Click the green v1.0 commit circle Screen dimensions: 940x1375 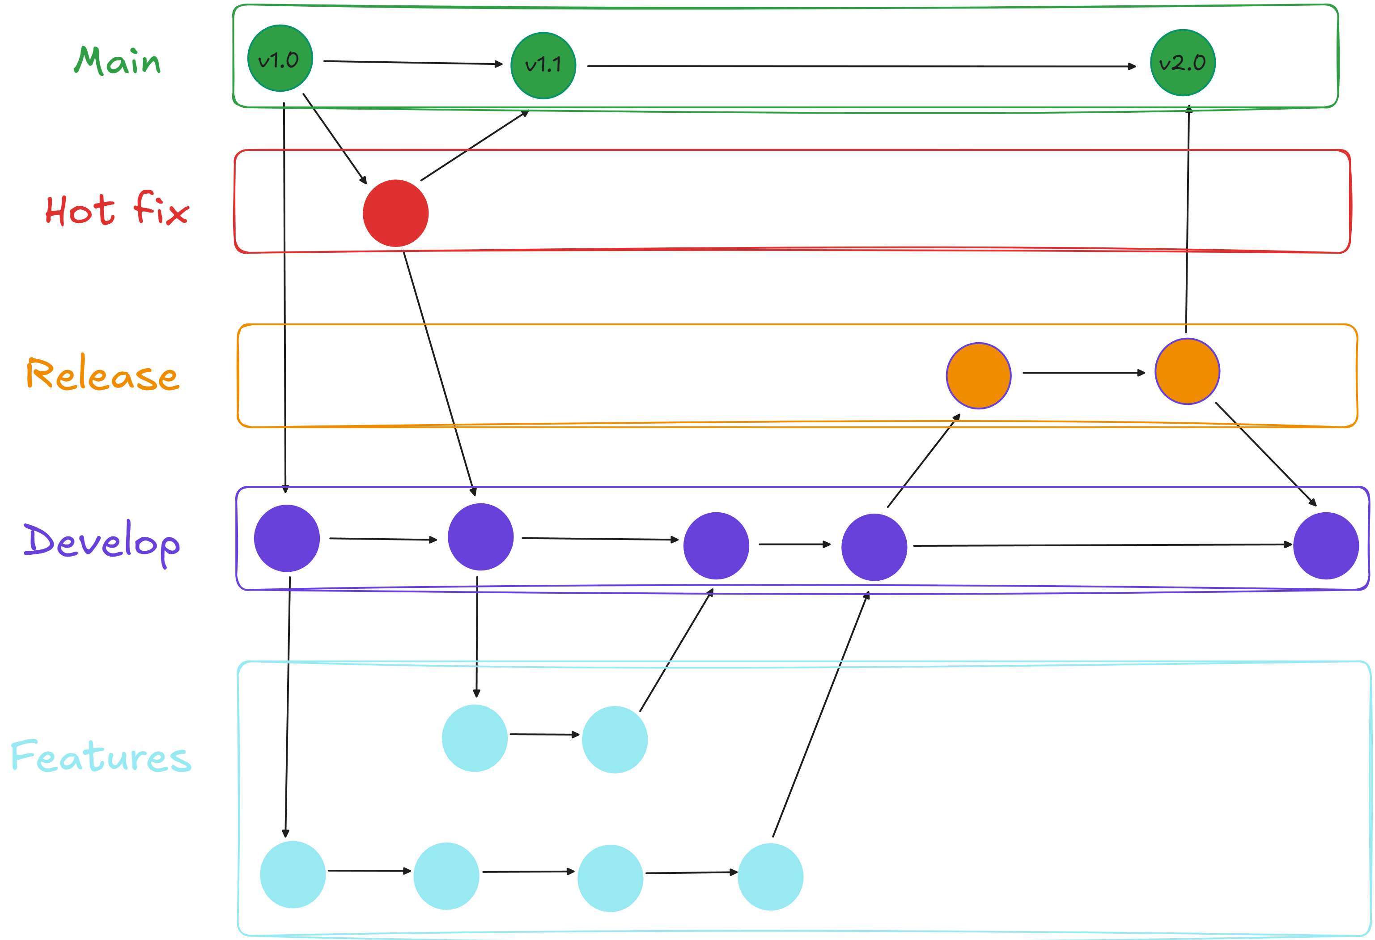pyautogui.click(x=280, y=58)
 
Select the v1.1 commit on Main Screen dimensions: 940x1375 pyautogui.click(x=543, y=65)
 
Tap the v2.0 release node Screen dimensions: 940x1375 pyautogui.click(x=1182, y=63)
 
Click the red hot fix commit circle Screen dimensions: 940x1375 pyautogui.click(x=395, y=213)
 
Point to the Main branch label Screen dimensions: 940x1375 pyautogui.click(x=117, y=60)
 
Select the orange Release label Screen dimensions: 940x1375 pyautogui.click(x=102, y=374)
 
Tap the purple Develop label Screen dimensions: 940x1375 pyautogui.click(x=102, y=542)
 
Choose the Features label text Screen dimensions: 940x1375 pyautogui.click(x=101, y=756)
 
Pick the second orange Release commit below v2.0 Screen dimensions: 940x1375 pyautogui.click(x=1187, y=371)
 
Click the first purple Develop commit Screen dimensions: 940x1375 pyautogui.click(x=287, y=538)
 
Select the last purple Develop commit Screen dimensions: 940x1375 pyautogui.click(x=1325, y=545)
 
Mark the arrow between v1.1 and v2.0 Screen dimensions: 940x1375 pyautogui.click(x=861, y=66)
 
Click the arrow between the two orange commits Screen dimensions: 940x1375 pyautogui.click(x=1083, y=373)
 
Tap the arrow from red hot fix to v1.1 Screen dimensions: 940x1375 pyautogui.click(x=474, y=146)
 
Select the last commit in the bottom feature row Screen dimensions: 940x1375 pyautogui.click(x=770, y=876)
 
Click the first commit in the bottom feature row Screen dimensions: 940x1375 pyautogui.click(x=293, y=874)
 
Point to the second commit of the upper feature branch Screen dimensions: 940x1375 pyautogui.click(x=615, y=739)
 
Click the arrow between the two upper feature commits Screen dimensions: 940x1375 pyautogui.click(x=544, y=735)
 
